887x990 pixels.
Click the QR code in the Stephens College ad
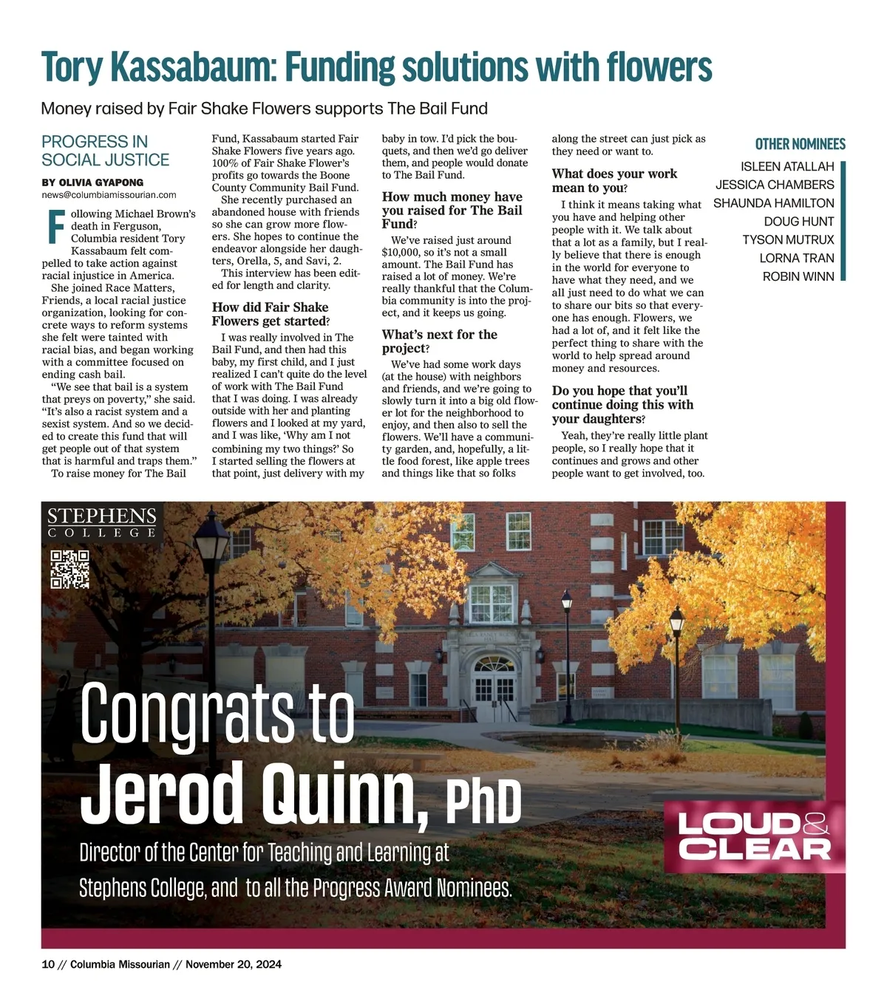69,570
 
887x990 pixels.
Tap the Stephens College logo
102,522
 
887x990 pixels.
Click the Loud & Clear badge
754,836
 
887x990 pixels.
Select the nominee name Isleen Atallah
787,167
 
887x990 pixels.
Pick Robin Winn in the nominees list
798,276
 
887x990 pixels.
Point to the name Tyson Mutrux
788,239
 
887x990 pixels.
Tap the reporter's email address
109,195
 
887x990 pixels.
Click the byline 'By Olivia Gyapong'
92,182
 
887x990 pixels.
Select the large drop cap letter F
55,227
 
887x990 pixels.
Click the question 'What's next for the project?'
440,341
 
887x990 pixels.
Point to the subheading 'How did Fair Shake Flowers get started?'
270,314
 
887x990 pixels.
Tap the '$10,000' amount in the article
401,252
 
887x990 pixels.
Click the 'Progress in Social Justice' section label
105,151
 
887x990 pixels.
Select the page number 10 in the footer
48,964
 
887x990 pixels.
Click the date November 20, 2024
233,964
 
